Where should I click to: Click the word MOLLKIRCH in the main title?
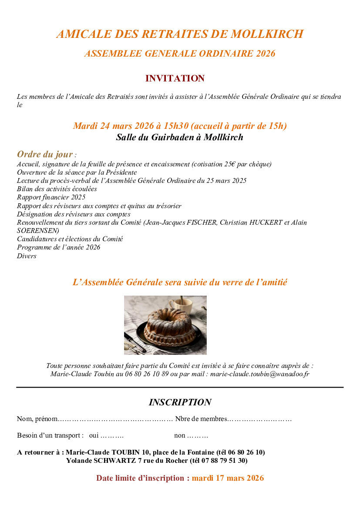(x=267, y=34)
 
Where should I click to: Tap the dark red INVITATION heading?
(x=175, y=79)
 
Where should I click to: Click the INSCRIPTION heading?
(x=180, y=402)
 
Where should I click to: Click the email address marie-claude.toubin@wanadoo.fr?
(x=260, y=374)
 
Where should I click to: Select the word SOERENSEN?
(x=38, y=231)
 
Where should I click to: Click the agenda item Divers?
(x=27, y=256)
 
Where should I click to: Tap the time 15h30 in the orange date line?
(x=176, y=126)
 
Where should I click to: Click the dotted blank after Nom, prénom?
(x=115, y=419)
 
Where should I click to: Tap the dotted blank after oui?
(x=112, y=435)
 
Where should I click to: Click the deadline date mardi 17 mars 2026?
(x=228, y=478)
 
